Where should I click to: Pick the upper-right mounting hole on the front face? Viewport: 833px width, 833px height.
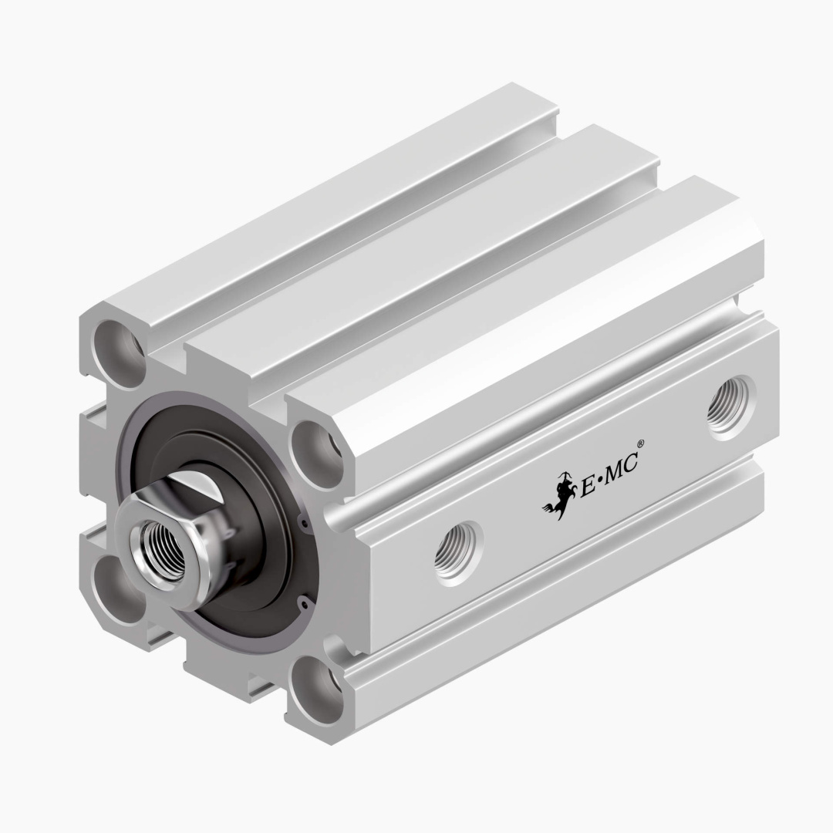317,456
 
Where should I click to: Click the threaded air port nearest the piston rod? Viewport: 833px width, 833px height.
456,551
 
